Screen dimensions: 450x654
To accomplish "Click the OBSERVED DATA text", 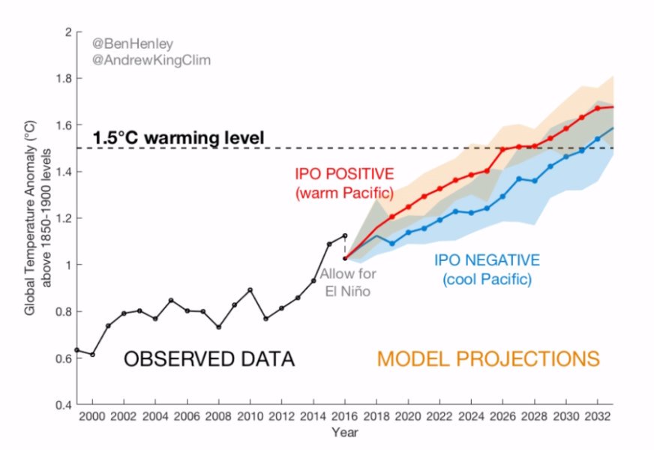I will tap(208, 359).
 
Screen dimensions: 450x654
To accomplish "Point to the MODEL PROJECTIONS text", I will tap(488, 358).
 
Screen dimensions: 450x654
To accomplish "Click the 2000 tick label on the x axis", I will tap(92, 416).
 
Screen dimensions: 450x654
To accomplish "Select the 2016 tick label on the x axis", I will tap(345, 416).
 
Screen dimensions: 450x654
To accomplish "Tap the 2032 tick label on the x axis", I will tap(597, 416).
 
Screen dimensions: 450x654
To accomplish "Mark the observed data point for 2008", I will tap(218, 327).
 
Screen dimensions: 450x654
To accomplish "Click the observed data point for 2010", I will tap(250, 290).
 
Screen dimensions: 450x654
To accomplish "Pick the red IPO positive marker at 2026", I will tap(502, 150).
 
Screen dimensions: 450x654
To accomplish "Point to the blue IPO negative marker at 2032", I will tap(597, 139).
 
